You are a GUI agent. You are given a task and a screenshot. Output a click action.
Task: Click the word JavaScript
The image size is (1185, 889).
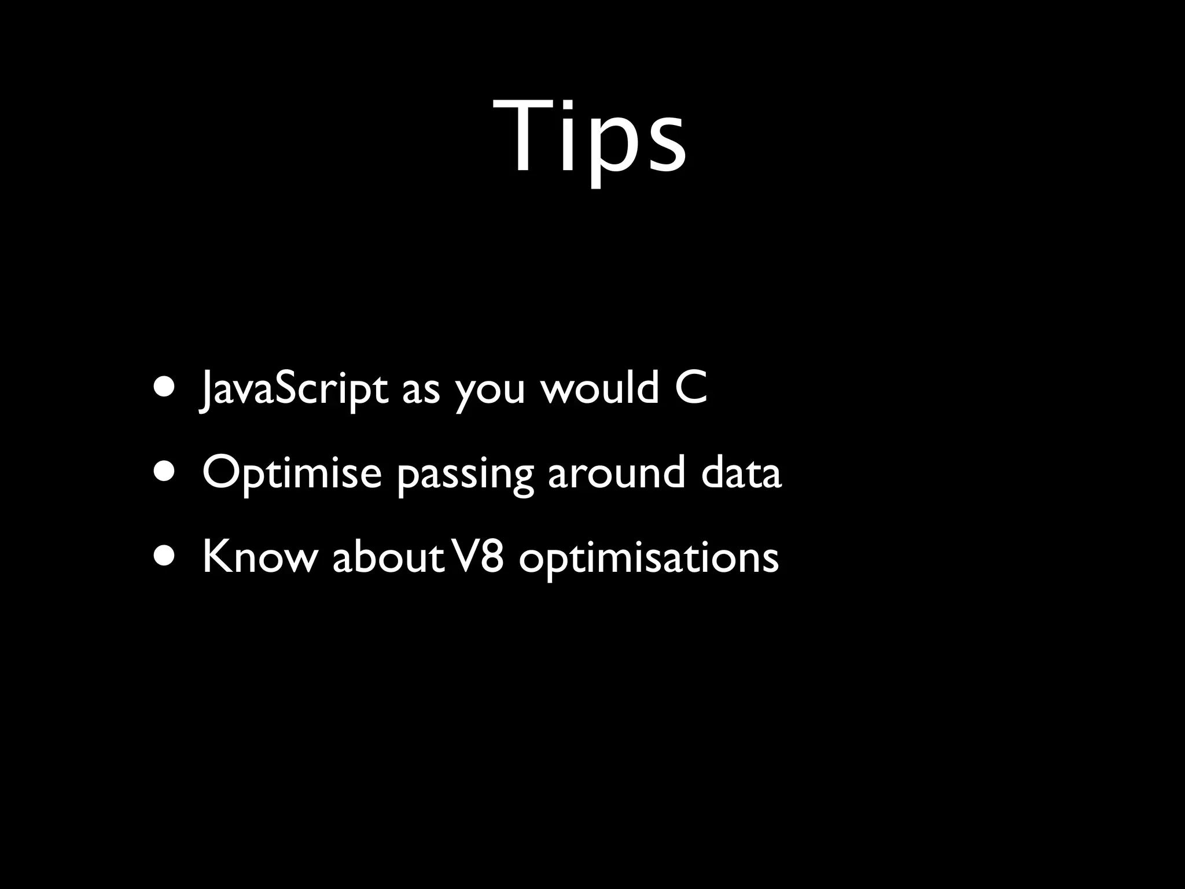294,389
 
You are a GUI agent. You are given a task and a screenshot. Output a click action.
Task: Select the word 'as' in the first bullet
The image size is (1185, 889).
421,391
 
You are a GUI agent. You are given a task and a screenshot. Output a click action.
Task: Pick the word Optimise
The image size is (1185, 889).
292,472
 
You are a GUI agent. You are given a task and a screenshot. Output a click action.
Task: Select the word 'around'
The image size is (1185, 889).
616,472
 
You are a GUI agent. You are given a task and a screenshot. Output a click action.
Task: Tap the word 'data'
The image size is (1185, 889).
741,472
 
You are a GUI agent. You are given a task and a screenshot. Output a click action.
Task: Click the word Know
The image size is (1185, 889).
260,557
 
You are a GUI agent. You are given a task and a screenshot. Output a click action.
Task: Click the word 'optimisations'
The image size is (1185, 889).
649,559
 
